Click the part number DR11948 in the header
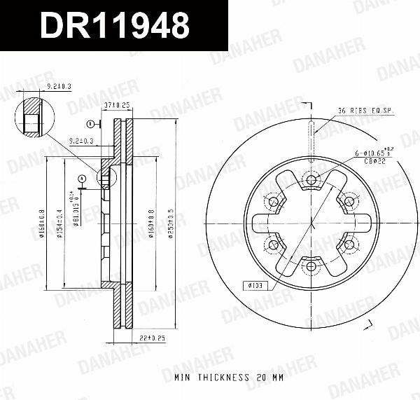115,26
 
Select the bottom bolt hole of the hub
309,267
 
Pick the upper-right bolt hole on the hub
347,202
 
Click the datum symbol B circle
90,124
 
